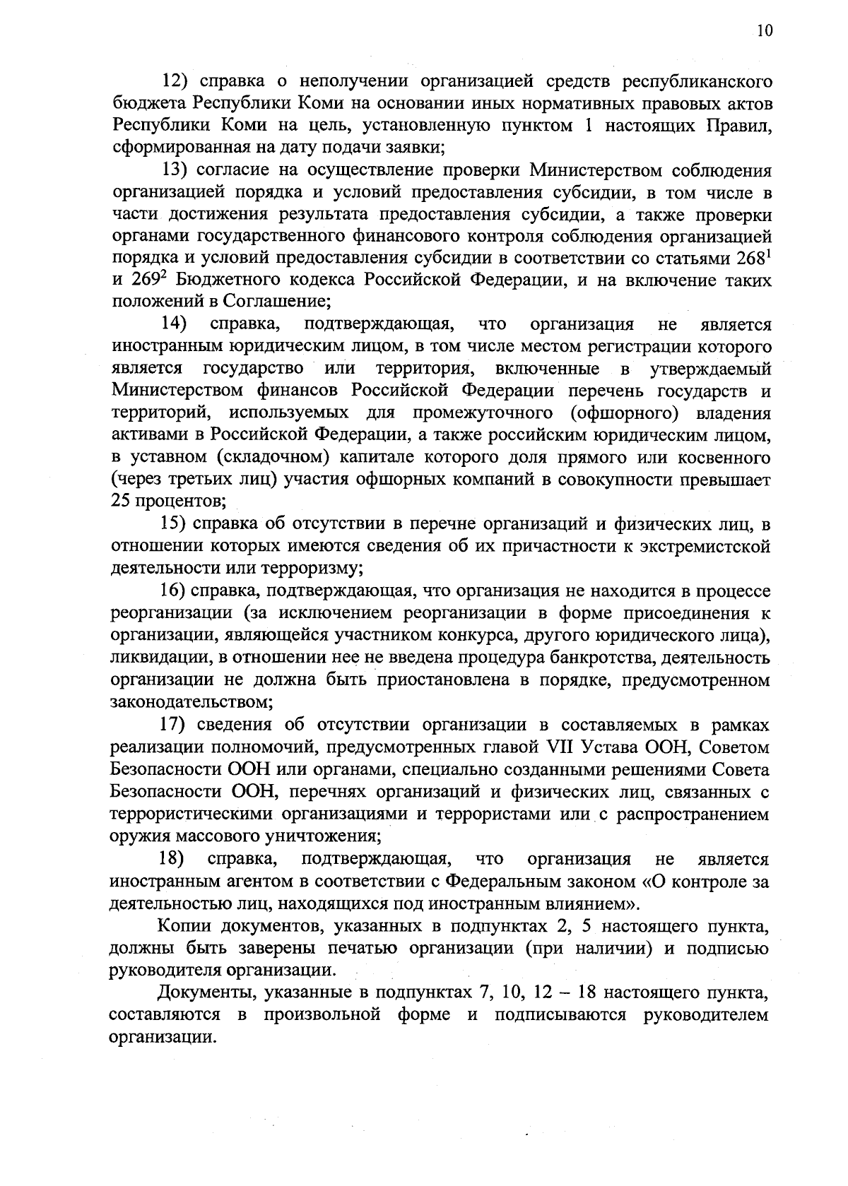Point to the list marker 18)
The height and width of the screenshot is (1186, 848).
click(172, 859)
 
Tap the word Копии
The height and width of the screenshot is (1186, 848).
click(182, 926)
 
